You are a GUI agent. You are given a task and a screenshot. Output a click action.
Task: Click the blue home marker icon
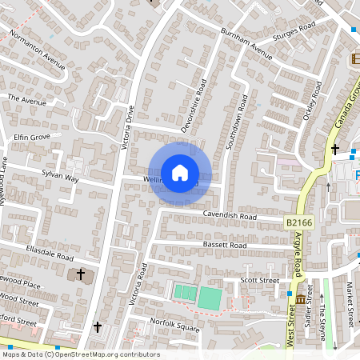pyautogui.click(x=180, y=173)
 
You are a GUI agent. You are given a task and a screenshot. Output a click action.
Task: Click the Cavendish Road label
pyautogui.click(x=229, y=216)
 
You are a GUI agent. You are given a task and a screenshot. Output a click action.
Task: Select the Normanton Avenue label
pyautogui.click(x=37, y=50)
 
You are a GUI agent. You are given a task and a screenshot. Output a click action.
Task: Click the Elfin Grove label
pyautogui.click(x=32, y=137)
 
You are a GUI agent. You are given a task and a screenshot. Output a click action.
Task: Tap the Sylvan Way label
pyautogui.click(x=61, y=176)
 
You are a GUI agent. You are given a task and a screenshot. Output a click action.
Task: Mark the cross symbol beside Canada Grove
pyautogui.click(x=335, y=150)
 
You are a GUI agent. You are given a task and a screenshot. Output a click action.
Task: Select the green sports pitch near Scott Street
pyautogui.click(x=210, y=298)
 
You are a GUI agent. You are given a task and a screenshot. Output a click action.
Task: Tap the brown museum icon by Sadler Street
pyautogui.click(x=301, y=299)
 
